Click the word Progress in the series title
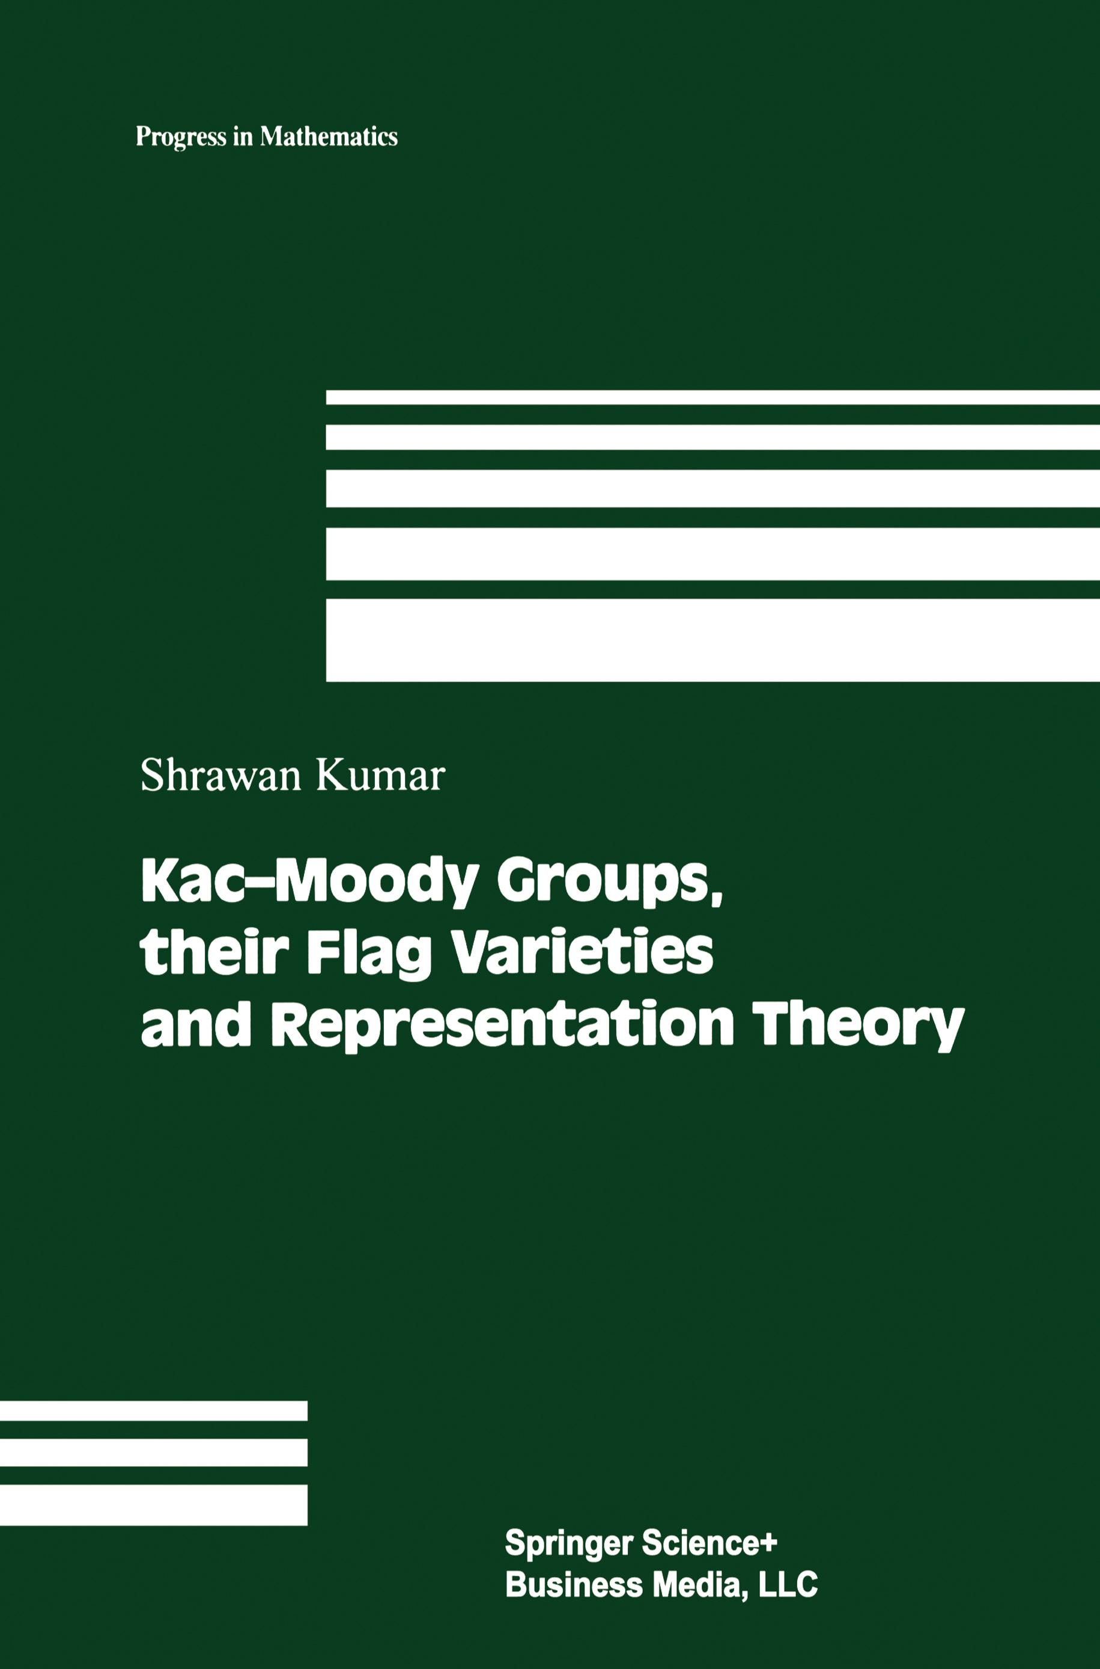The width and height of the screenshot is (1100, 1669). (x=181, y=137)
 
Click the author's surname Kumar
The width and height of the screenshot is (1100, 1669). (x=381, y=776)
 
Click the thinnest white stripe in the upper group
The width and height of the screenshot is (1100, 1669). (x=712, y=397)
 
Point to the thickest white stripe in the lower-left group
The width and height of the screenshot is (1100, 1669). (x=153, y=1504)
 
